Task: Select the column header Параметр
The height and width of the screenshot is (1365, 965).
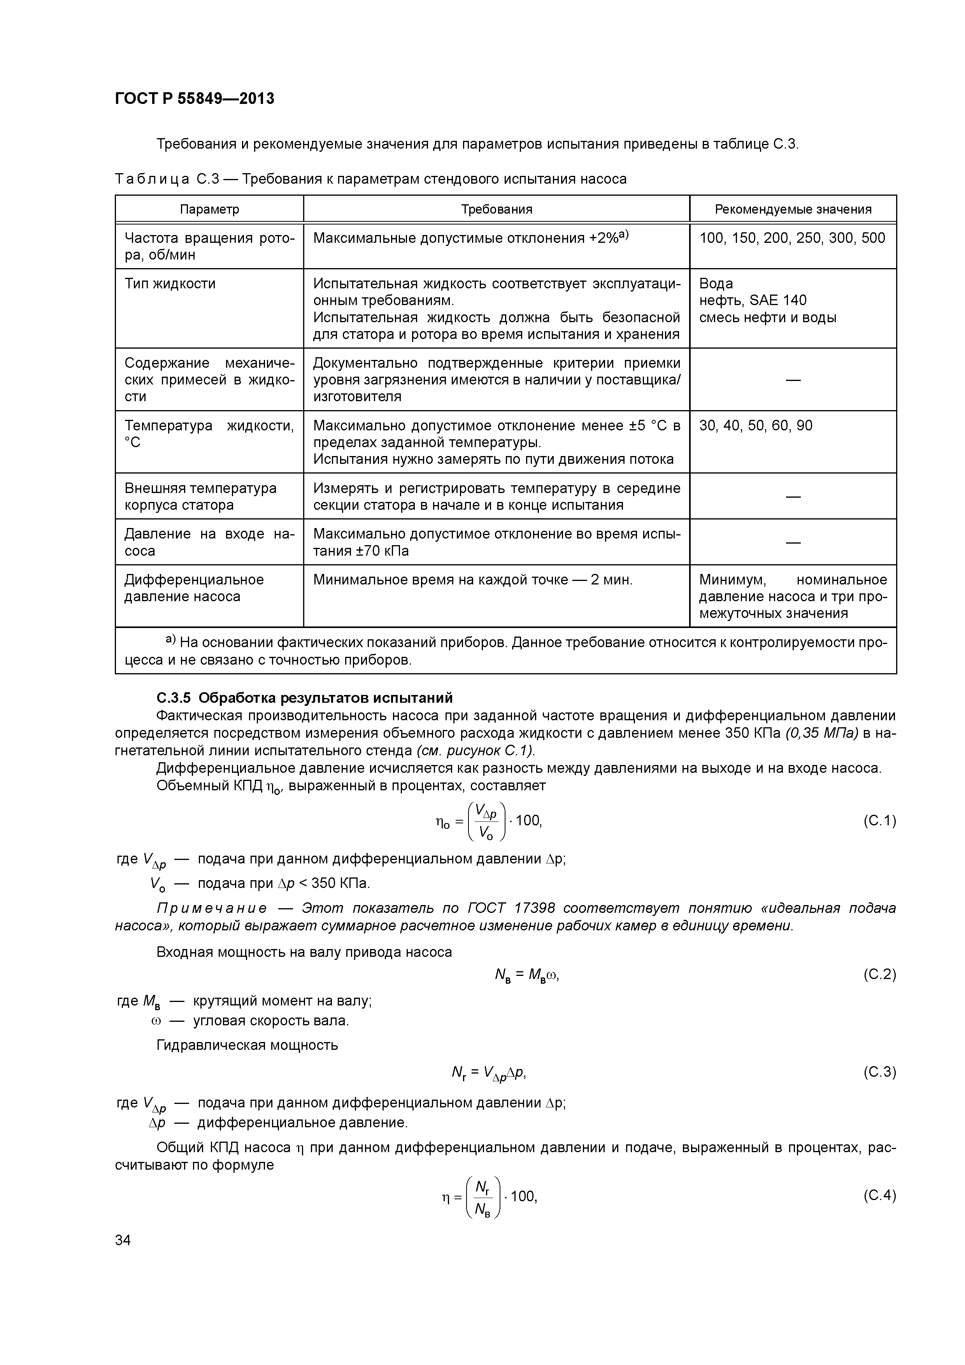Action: [x=209, y=209]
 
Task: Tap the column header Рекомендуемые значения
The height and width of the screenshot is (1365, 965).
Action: [x=793, y=209]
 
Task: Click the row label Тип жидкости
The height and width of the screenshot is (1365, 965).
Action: [x=170, y=284]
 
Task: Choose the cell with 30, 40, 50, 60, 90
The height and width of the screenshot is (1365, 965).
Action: [x=756, y=426]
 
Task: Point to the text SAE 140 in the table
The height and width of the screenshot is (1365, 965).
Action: [x=778, y=300]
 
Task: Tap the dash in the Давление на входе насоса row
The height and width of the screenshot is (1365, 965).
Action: [x=793, y=542]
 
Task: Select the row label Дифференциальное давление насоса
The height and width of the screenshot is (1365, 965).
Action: [x=194, y=588]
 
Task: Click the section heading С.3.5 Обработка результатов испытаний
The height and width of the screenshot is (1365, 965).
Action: [x=304, y=697]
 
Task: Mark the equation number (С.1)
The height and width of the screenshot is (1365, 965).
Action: [x=879, y=821]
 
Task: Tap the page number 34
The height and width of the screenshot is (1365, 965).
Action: [x=123, y=1240]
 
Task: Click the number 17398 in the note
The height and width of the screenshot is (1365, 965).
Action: [x=535, y=909]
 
